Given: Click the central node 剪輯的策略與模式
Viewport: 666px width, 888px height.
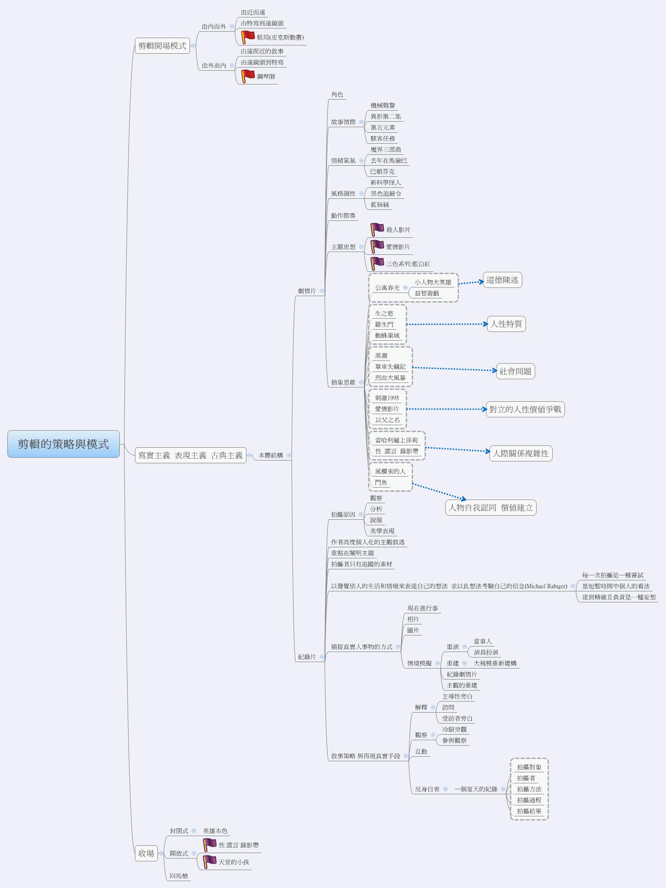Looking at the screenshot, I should tap(63, 444).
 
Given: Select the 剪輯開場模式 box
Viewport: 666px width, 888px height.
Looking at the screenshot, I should tap(162, 45).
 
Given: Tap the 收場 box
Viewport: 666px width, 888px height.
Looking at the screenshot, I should tap(146, 853).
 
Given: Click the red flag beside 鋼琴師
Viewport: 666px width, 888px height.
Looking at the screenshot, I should tap(248, 76).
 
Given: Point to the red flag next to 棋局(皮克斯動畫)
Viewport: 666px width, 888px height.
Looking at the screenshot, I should tap(248, 37).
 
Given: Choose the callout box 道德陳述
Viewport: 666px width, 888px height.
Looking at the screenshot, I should tap(502, 280).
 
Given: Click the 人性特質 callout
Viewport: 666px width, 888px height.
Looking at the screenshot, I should tap(506, 324).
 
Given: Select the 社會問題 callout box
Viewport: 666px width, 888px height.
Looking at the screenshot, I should tap(515, 371).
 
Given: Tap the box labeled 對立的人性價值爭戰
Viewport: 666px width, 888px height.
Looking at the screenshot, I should tap(525, 409).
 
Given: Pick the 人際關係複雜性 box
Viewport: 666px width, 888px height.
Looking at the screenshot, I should tap(520, 454).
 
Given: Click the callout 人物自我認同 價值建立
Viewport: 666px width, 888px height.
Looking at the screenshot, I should tap(490, 507).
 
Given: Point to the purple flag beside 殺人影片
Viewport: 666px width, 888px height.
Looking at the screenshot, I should tap(377, 229).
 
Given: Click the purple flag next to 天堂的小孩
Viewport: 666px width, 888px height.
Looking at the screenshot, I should tap(209, 861).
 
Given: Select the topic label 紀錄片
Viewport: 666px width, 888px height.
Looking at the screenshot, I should tap(307, 657).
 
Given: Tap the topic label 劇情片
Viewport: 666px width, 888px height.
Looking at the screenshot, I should tap(307, 291).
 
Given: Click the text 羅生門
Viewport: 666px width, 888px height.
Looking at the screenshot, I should tap(384, 324).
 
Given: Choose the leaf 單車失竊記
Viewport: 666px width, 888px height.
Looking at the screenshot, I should tap(390, 366).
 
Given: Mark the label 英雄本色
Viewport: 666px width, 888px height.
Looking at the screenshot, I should tap(215, 831).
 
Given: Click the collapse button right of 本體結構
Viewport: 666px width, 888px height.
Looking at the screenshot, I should tap(289, 455).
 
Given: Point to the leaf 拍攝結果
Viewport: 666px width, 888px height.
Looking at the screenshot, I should tap(529, 811).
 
